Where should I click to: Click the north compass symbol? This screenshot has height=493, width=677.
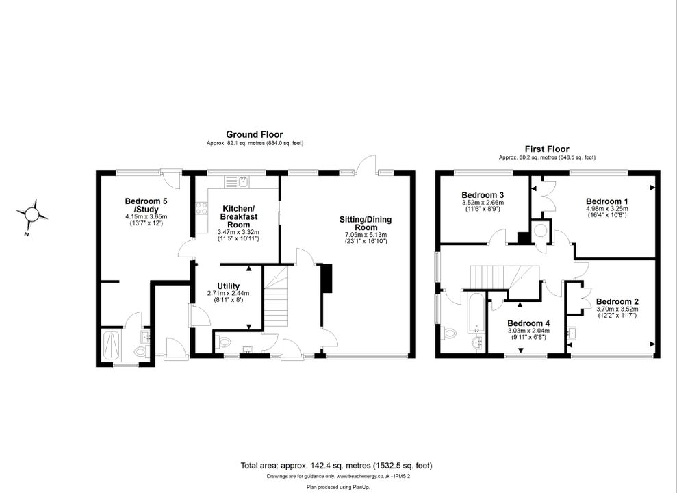click(31, 214)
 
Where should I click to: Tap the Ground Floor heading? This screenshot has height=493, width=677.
click(255, 134)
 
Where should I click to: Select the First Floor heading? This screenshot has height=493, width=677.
click(547, 149)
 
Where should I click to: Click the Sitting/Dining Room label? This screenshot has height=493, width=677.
click(366, 223)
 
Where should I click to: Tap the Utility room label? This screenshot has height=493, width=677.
click(228, 286)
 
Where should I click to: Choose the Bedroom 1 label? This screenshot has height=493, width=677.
click(606, 201)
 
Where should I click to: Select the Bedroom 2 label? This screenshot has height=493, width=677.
click(617, 302)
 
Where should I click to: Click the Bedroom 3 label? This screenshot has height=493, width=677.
click(483, 195)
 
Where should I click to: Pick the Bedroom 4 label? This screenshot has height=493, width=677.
click(528, 323)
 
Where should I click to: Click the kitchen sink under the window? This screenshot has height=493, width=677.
click(235, 181)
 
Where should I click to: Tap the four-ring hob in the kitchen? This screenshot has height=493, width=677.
click(201, 209)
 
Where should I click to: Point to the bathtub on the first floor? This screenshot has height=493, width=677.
click(476, 312)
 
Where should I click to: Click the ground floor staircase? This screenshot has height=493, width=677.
click(275, 297)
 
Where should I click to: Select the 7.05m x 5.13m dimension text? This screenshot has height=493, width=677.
click(366, 235)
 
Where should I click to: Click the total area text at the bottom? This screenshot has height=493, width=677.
click(336, 466)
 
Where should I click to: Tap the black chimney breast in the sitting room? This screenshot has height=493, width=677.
click(327, 279)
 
